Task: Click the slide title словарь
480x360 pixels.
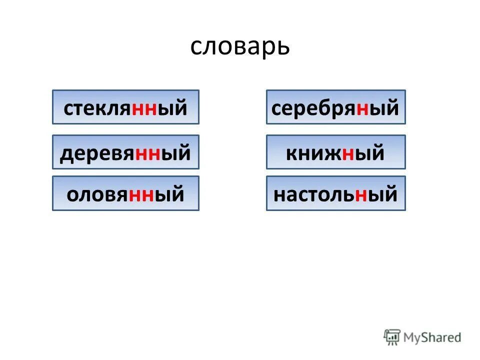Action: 240,46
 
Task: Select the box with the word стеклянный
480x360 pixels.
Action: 125,107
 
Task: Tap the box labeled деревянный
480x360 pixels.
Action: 125,152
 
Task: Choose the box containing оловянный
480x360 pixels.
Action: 125,193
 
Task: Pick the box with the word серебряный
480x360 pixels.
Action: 335,107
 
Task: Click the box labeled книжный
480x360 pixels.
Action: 335,152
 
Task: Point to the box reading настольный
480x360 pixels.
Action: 335,193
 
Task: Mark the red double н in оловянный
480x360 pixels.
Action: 142,194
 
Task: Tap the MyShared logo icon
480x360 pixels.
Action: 392,337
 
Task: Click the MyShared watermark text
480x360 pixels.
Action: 432,337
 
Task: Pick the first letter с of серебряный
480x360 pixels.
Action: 276,108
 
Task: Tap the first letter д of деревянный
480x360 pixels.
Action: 66,153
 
